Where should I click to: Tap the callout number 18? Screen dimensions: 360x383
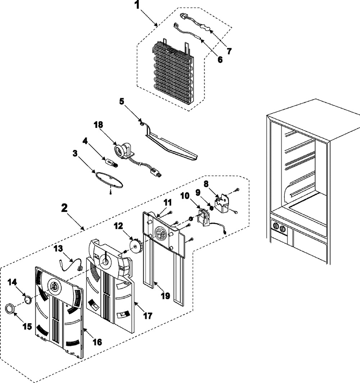coord(99,125)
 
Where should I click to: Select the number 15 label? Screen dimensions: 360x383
coord(27,326)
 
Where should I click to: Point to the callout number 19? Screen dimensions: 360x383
coord(166,295)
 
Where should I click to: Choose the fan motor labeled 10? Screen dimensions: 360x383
coord(204,217)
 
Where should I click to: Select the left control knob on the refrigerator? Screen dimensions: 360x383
coord(276,226)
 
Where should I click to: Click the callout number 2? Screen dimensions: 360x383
coord(64,208)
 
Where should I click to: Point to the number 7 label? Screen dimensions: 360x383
coord(229,51)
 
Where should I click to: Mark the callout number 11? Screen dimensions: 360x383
coord(167,202)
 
